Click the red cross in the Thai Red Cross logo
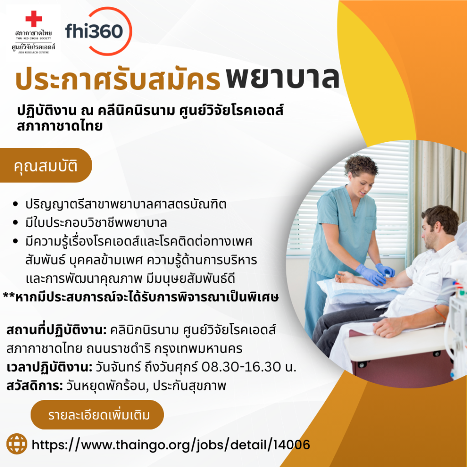coord(34,19)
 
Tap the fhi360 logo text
coord(94,31)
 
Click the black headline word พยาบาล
coord(283,78)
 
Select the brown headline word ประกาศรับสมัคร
coord(118,78)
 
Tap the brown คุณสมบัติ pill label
coord(46,165)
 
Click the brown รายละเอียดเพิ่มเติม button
coord(97,415)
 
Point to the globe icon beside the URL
coord(17,444)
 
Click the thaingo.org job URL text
coord(171,445)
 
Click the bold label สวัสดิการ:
coord(35,386)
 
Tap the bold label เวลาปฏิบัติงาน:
coord(49,367)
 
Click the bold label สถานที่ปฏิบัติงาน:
coord(57,330)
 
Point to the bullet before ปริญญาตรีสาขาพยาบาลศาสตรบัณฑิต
coord(16,204)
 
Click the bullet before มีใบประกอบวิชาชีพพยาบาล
coord(16,223)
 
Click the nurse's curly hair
coord(361,166)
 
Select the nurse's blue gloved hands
coord(375,273)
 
